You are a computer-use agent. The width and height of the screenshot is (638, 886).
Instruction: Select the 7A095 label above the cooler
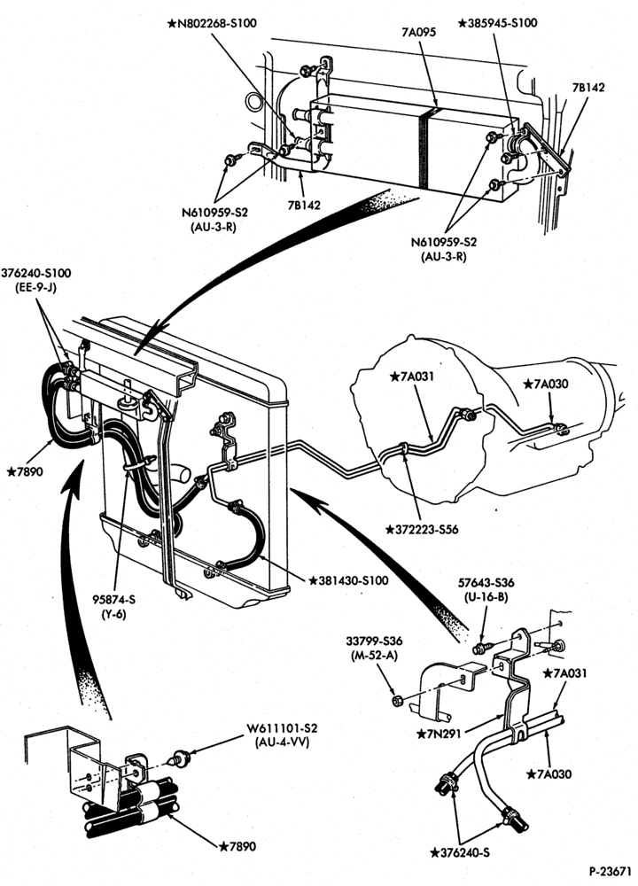[x=419, y=32]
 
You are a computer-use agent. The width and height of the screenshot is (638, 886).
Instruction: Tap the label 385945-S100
[x=497, y=23]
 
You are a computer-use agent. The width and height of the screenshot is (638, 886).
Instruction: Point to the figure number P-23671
[x=610, y=871]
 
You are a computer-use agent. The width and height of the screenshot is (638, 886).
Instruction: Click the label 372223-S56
[x=422, y=530]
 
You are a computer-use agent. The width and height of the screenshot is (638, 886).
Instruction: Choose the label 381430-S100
[x=348, y=580]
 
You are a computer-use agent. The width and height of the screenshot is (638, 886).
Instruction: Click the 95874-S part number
[x=114, y=600]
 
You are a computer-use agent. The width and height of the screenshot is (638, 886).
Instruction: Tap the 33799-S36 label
[x=374, y=641]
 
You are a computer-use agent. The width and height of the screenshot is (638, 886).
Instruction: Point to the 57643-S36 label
[x=486, y=583]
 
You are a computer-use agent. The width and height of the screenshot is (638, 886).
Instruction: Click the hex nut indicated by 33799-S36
[x=397, y=701]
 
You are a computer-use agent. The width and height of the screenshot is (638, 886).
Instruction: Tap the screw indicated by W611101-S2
[x=180, y=758]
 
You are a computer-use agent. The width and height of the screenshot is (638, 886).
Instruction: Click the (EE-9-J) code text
[x=36, y=286]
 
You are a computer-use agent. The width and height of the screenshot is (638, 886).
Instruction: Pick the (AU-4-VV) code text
[x=282, y=742]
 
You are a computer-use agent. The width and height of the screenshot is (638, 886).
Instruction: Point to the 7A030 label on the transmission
[x=546, y=385]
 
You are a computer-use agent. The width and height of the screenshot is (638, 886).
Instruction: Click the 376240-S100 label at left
[x=36, y=274]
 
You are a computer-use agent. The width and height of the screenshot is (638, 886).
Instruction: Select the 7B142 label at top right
[x=587, y=88]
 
